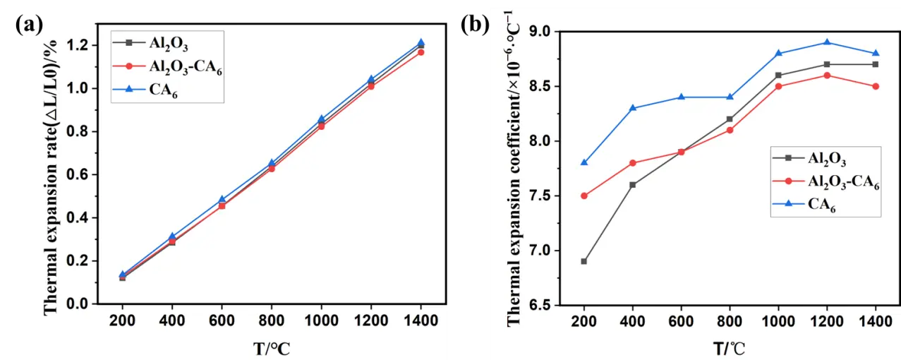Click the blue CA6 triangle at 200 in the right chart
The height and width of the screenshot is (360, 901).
pos(584,162)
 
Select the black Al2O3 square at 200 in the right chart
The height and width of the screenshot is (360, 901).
pos(584,261)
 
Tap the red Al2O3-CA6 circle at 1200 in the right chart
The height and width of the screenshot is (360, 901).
pos(827,76)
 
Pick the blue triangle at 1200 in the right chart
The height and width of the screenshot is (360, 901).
pos(827,42)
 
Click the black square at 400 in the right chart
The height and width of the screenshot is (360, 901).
pos(633,185)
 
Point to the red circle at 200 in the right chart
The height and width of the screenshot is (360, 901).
pos(584,196)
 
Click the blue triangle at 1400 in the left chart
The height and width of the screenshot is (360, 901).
pos(421,43)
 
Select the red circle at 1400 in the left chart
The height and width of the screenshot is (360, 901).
pos(421,52)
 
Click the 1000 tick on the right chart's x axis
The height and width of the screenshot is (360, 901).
pos(778,320)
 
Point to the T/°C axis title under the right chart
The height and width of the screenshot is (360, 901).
pos(728,347)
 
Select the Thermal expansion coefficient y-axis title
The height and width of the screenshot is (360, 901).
pos(514,169)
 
